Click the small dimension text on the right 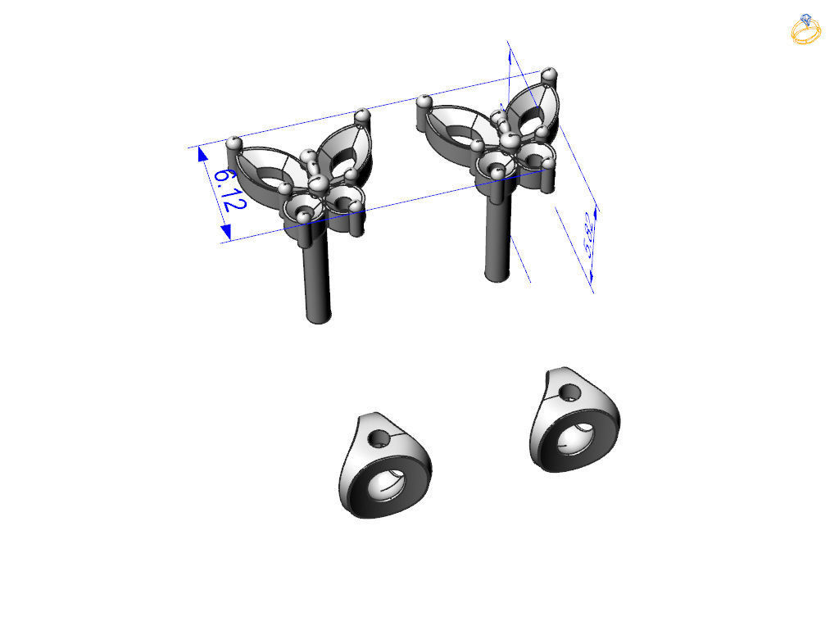point(586,235)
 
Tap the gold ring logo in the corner point(806,29)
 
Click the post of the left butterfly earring point(318,279)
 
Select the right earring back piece point(573,421)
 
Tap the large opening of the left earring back point(387,484)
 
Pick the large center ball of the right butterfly point(512,142)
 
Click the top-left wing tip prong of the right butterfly point(424,102)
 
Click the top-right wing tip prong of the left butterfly point(363,116)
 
